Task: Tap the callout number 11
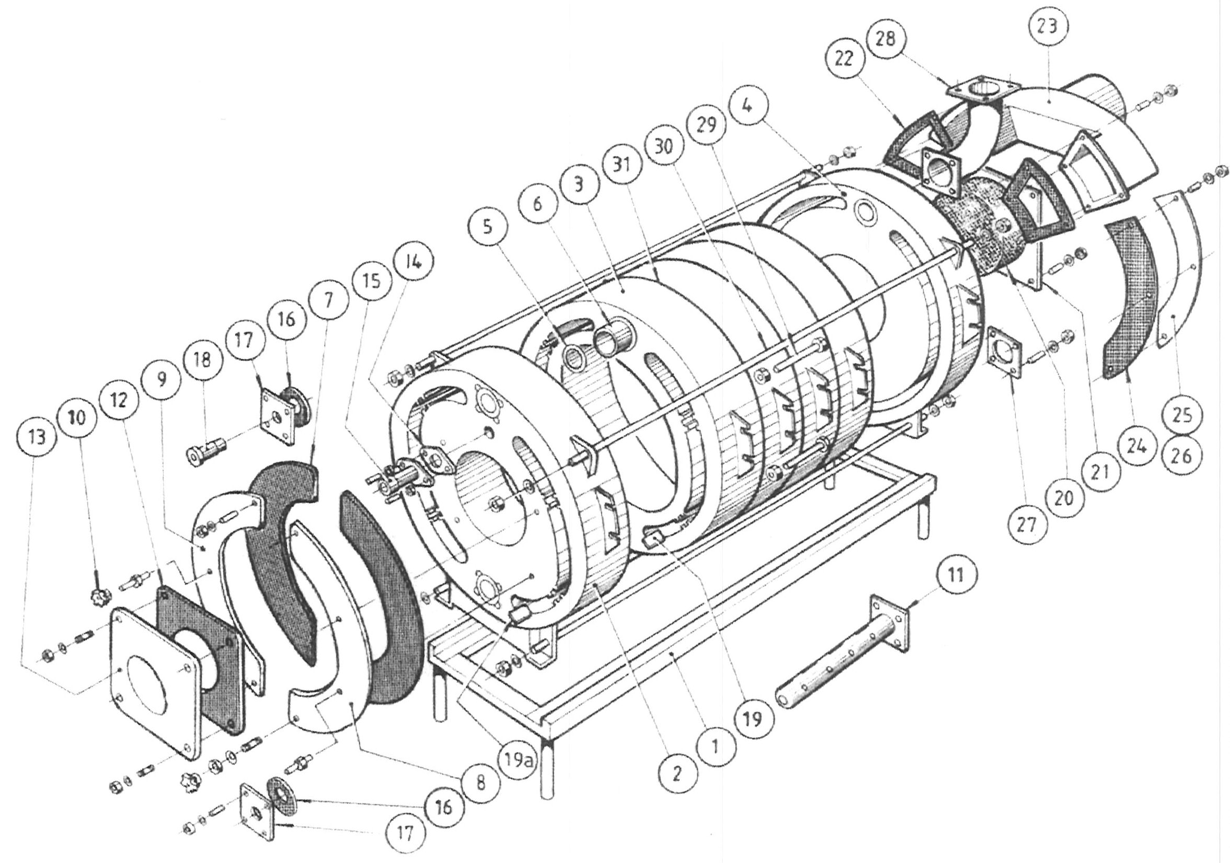click(x=956, y=575)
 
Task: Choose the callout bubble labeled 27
click(x=1027, y=525)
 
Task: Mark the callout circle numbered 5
click(x=486, y=227)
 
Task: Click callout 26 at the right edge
click(x=1182, y=456)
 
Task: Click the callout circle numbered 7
click(x=329, y=300)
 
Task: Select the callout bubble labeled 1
click(x=716, y=747)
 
